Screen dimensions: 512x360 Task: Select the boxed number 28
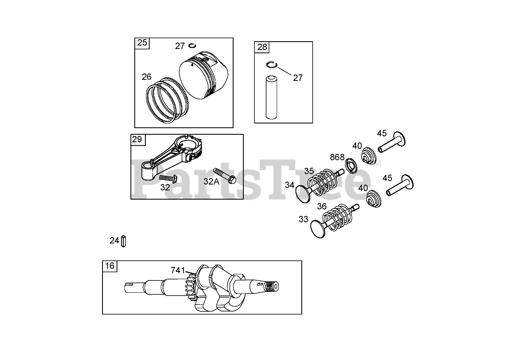(262, 47)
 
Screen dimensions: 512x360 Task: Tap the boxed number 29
(137, 140)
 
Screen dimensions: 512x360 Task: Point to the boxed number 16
(109, 266)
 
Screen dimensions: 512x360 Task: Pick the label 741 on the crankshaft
(178, 270)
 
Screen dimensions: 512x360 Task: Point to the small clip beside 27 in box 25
(193, 46)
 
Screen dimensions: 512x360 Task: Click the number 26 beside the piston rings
(147, 77)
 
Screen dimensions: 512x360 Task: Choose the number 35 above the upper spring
(309, 171)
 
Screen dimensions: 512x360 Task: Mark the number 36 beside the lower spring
(322, 207)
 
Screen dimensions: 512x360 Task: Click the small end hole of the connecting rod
(147, 167)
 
